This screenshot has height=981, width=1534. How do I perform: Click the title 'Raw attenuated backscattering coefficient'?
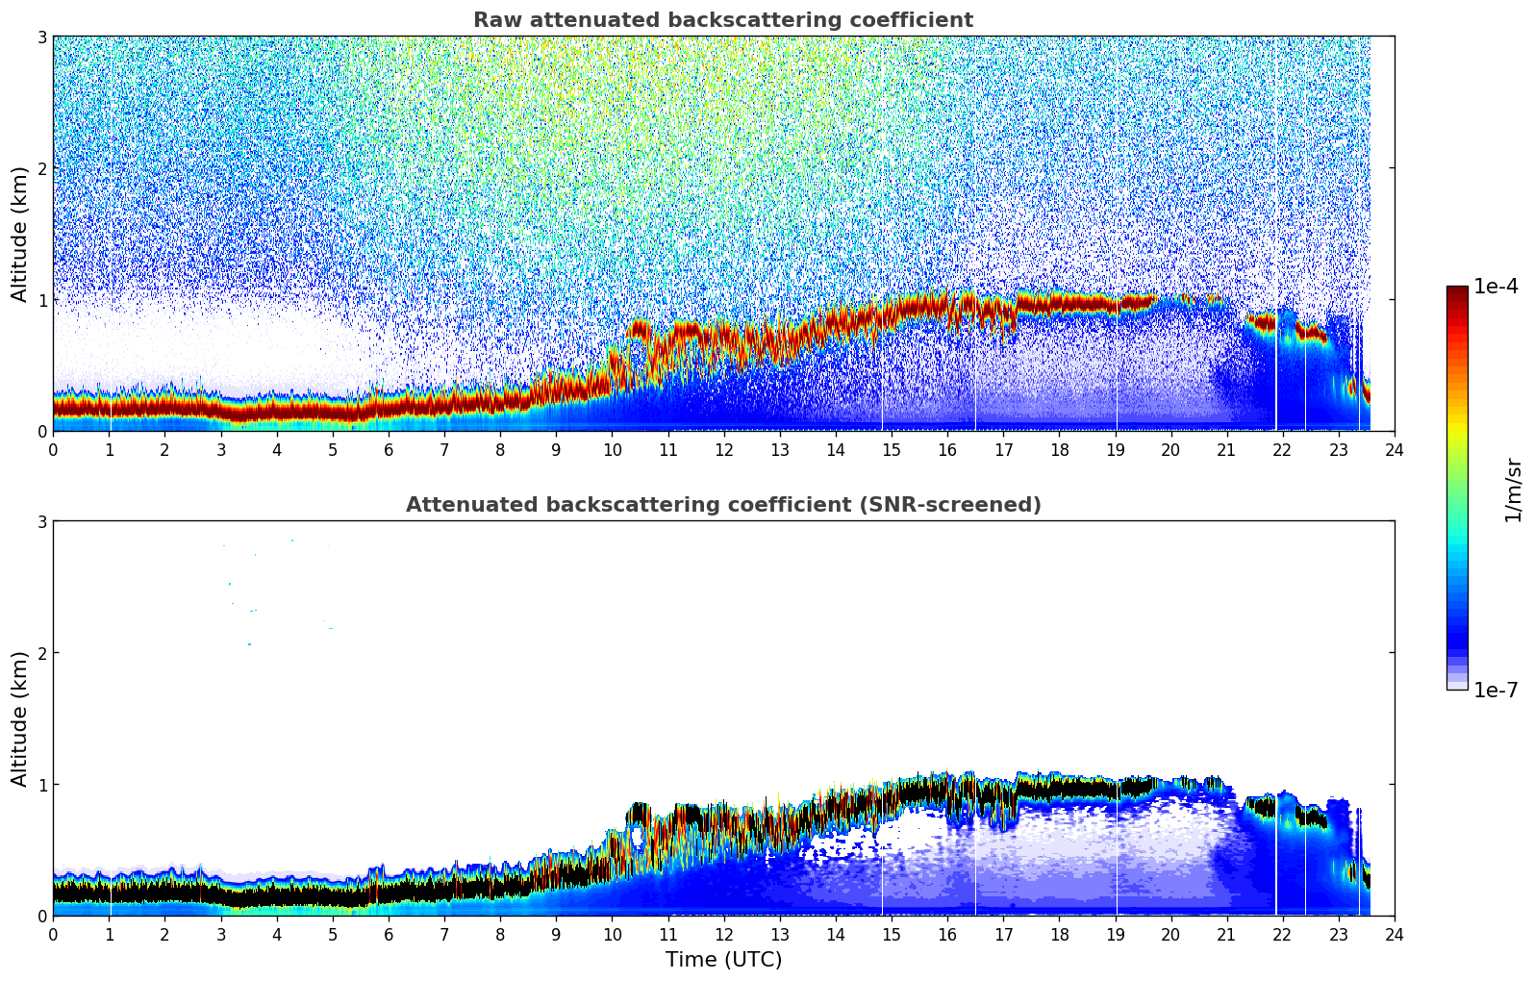coord(722,20)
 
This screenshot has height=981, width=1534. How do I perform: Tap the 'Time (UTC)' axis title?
coord(723,960)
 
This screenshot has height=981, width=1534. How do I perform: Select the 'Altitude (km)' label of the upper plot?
coord(20,234)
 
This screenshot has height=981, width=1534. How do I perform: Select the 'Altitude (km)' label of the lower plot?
coord(20,718)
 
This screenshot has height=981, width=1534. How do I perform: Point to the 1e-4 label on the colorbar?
coord(1496,287)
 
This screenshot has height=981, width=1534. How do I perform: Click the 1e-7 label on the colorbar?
coord(1496,690)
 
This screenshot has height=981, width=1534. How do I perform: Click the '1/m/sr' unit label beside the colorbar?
coord(1513,490)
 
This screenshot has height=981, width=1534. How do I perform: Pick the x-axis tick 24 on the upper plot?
coord(1395,449)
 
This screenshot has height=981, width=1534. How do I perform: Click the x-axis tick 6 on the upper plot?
coord(389,449)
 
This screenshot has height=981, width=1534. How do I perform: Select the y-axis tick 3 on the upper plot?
coord(41,37)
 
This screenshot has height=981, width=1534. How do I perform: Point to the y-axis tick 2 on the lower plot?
coord(41,653)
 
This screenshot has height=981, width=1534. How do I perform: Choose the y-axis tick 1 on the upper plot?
coord(41,300)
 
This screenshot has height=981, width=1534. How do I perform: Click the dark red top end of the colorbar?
coord(1457,289)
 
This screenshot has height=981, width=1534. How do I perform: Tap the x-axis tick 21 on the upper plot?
coord(1226,449)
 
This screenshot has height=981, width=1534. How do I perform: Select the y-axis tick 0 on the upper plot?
coord(41,432)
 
